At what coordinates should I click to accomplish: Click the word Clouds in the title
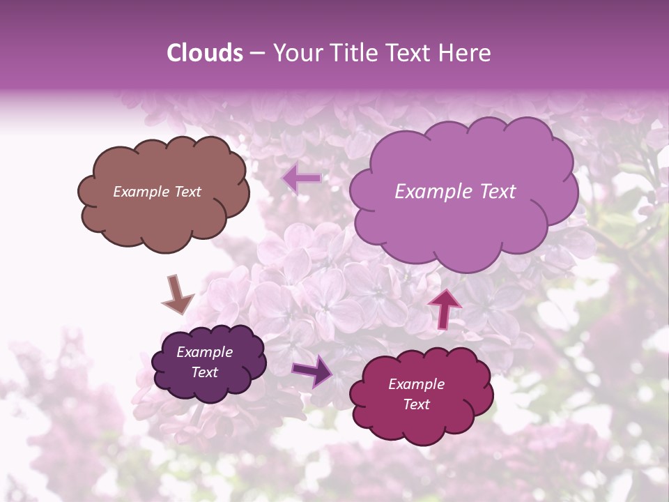(205, 53)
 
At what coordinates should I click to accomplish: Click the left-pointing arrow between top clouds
(302, 178)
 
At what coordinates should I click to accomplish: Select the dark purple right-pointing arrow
(313, 371)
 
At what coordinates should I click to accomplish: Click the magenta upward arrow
(445, 307)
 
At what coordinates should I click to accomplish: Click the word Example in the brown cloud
(141, 192)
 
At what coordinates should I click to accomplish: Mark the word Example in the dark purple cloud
(204, 352)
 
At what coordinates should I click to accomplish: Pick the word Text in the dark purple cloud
(204, 372)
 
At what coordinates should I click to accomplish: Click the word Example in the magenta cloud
(416, 384)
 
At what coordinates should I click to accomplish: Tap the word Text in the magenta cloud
(416, 404)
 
